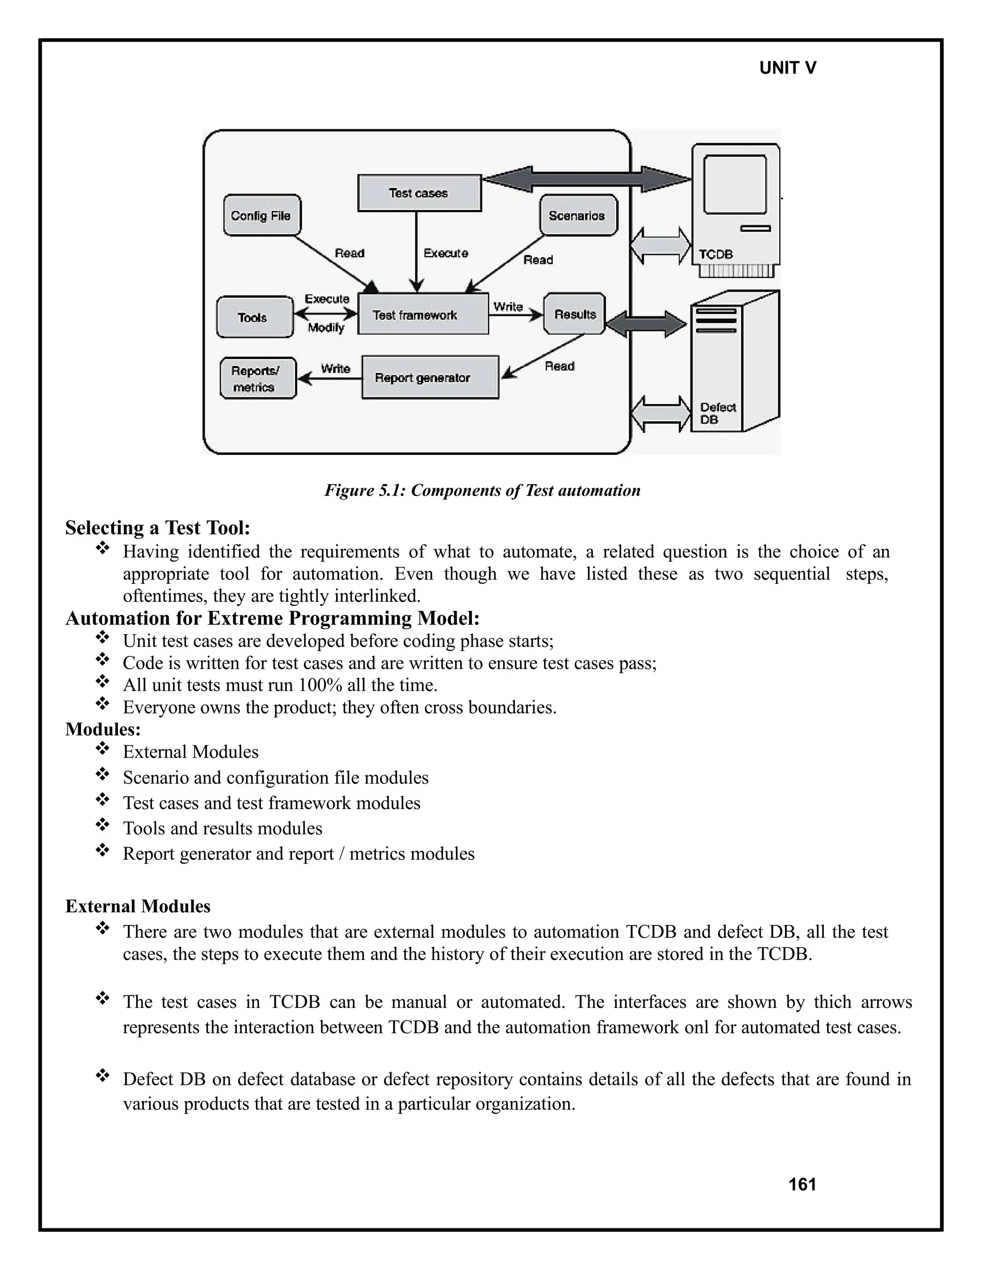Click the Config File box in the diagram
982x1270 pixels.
262,216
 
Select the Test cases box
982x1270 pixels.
419,193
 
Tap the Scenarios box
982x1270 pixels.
578,216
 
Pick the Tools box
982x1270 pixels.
254,317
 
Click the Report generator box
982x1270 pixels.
430,377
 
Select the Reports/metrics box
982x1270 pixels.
257,379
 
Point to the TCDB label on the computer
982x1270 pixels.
715,254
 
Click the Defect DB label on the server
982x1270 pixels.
717,413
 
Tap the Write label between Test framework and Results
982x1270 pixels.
508,306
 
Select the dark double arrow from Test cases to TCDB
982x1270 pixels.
586,179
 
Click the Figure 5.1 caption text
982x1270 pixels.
482,490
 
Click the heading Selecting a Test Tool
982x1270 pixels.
158,528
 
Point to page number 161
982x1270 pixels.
802,1185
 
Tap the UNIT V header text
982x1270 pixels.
788,68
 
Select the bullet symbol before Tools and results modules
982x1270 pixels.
103,825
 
